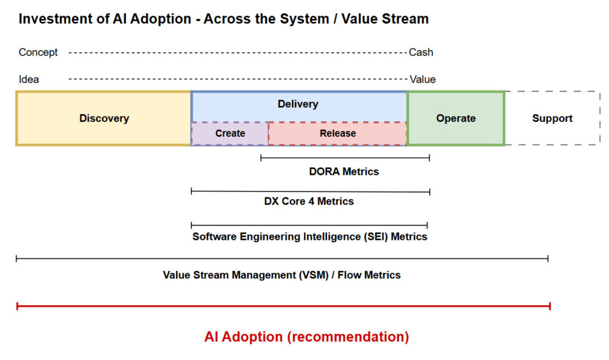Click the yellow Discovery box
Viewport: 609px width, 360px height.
tap(103, 118)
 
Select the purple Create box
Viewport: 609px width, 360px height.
tap(230, 133)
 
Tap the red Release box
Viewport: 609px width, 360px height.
tap(338, 133)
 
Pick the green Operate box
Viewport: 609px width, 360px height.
tap(456, 118)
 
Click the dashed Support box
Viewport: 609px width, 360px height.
tap(552, 118)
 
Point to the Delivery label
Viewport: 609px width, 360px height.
tap(298, 104)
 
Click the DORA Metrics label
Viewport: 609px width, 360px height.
tap(344, 171)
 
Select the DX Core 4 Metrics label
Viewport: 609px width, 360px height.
tap(309, 201)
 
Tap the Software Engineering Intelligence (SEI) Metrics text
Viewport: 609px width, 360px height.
tap(309, 236)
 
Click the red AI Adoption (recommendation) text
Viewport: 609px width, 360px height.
tap(306, 337)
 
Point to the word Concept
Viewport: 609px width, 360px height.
tap(38, 52)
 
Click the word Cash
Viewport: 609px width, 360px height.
tap(421, 52)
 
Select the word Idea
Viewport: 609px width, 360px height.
tap(29, 79)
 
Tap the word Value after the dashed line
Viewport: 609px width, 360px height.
tap(422, 79)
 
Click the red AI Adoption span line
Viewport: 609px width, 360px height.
tap(283, 306)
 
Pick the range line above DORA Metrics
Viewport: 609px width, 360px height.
tap(345, 158)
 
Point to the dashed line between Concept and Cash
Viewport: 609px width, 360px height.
tap(238, 52)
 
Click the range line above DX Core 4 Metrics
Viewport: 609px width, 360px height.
tap(310, 191)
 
